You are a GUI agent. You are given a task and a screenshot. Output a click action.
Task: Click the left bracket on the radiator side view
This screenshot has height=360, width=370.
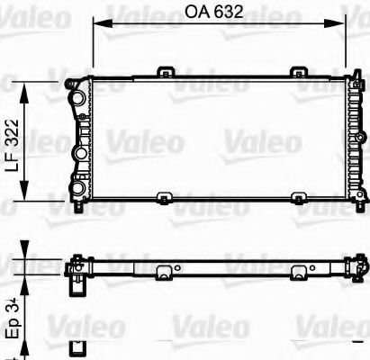point(165,272)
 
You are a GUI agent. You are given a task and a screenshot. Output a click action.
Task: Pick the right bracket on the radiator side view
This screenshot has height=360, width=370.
point(298,272)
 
